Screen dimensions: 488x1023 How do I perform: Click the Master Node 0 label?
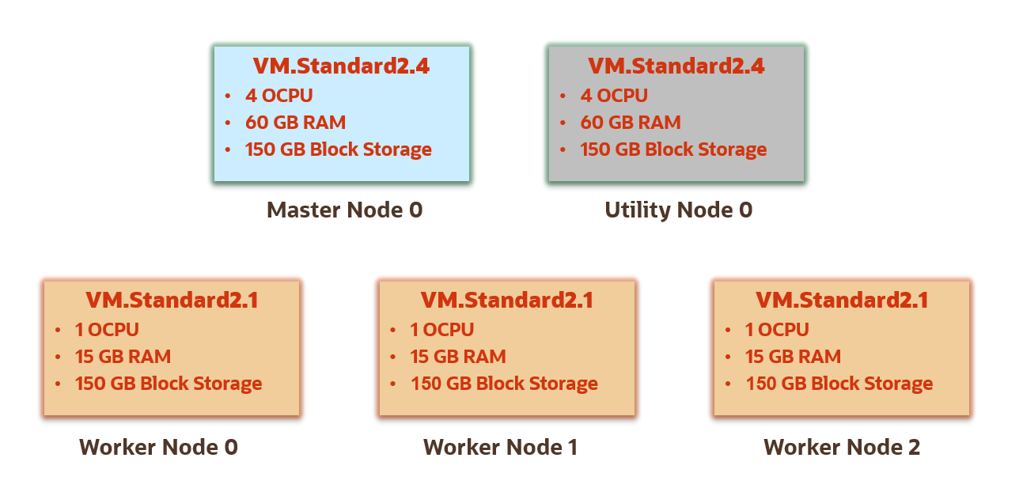tap(344, 210)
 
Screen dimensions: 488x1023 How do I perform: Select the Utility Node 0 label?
tap(678, 210)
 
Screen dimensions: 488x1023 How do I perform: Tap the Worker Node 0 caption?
tap(158, 448)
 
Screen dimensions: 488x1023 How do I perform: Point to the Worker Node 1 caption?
tap(500, 448)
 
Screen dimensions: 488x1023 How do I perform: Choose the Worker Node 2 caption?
tap(841, 448)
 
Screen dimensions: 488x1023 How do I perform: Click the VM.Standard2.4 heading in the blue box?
tap(341, 66)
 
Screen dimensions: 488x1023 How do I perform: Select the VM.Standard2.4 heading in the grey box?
tap(676, 66)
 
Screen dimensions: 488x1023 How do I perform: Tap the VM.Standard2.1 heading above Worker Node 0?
tap(172, 301)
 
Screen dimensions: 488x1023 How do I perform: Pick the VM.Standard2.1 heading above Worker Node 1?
tap(506, 301)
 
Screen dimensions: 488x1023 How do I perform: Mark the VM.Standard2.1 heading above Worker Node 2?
tap(842, 301)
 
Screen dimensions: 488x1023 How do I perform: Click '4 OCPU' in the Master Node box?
tap(278, 96)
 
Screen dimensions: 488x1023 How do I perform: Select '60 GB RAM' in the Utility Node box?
tap(631, 123)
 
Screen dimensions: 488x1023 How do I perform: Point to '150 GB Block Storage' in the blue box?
tap(338, 149)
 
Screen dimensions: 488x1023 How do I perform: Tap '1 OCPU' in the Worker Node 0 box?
tap(107, 330)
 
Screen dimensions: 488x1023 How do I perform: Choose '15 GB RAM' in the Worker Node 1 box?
tap(458, 357)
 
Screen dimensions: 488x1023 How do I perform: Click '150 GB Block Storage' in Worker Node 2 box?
tap(839, 384)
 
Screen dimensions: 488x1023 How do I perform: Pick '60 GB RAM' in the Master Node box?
tap(295, 123)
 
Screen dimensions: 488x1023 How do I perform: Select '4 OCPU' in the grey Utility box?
tap(614, 96)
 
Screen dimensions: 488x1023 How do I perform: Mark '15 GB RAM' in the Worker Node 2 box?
tap(793, 357)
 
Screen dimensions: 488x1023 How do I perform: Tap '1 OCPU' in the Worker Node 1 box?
tap(442, 330)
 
